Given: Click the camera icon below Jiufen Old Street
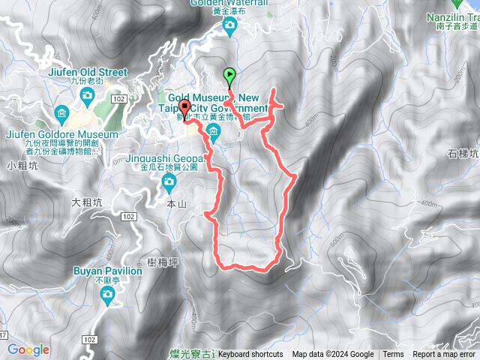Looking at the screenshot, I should (87, 95).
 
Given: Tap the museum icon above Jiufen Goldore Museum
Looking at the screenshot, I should (62, 115).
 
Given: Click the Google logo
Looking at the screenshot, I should (28, 349).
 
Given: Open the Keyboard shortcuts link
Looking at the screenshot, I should (250, 355).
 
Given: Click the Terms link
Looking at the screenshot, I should (393, 355).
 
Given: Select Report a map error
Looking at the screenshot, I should (444, 355).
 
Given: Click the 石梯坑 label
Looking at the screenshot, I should (463, 154).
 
